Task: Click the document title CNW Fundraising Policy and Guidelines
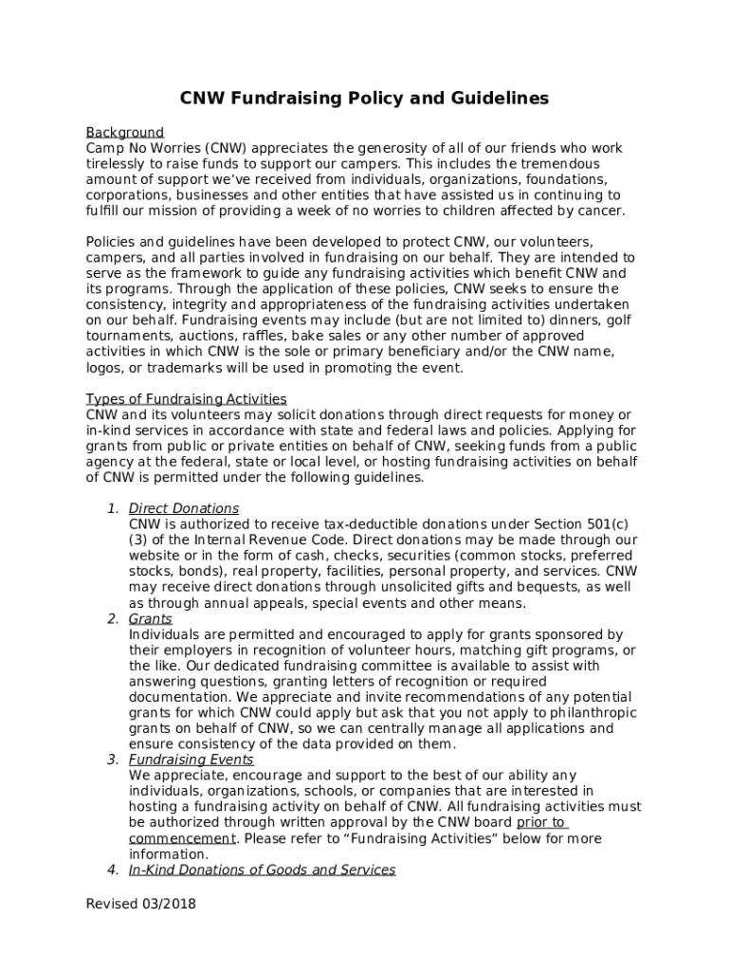click(365, 99)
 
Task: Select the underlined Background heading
click(125, 133)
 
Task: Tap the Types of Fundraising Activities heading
click(186, 399)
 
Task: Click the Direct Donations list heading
click(184, 509)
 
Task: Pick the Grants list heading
click(151, 619)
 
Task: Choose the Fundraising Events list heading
click(192, 760)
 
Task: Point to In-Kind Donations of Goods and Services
click(262, 870)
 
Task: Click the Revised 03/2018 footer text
click(141, 904)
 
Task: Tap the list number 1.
click(112, 509)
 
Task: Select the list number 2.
click(112, 619)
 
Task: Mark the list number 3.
click(112, 760)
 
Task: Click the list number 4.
click(112, 870)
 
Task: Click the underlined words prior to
click(540, 822)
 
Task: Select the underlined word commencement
click(181, 838)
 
